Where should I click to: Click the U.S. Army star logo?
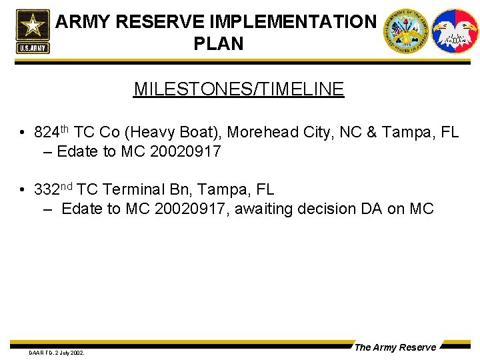click(x=32, y=31)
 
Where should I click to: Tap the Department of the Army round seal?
click(x=405, y=31)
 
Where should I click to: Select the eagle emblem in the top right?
click(x=455, y=31)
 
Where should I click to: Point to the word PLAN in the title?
click(x=218, y=44)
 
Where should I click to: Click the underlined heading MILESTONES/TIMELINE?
click(x=239, y=89)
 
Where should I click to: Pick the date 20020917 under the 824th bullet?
click(x=185, y=151)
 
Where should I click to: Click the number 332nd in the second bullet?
click(x=53, y=189)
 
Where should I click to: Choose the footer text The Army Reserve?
click(x=395, y=347)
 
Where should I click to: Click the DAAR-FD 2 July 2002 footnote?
click(x=56, y=352)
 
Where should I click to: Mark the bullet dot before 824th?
click(x=23, y=133)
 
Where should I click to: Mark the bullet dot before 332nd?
click(x=23, y=190)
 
